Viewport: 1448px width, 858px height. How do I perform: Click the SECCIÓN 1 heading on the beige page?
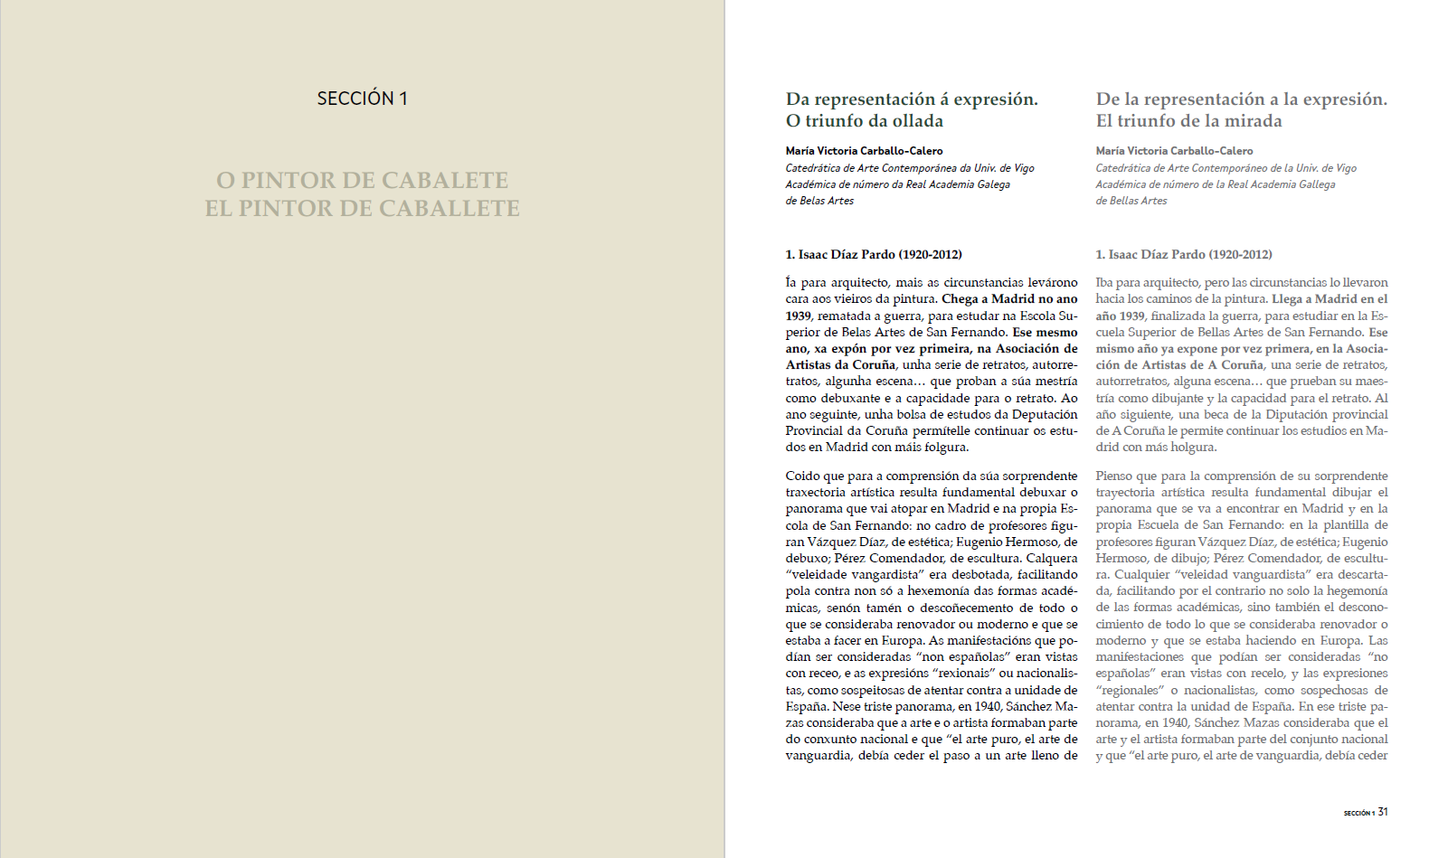coord(362,99)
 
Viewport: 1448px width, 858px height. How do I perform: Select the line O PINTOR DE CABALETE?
coord(362,180)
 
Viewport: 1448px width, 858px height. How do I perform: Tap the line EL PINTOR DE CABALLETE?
coord(362,208)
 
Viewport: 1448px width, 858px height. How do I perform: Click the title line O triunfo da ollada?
coord(864,121)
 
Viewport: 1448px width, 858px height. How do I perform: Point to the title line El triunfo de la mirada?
coord(1188,121)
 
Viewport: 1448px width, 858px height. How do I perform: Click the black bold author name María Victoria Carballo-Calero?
coord(864,151)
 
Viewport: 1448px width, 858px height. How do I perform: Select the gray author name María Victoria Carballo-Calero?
coord(1174,151)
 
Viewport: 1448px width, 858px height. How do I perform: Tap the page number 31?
coord(1383,812)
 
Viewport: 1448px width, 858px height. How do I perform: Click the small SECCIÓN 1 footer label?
coord(1358,813)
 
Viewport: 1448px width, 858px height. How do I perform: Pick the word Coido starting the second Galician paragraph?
coord(802,476)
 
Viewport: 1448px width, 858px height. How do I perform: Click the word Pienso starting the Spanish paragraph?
coord(1113,476)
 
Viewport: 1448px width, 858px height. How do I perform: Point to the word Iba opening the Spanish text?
coord(1104,282)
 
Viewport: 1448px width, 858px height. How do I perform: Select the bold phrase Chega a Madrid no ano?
coord(1009,299)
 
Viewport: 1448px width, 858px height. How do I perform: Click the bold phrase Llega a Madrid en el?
coord(1330,299)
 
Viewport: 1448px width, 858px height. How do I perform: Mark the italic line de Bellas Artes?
coord(1131,201)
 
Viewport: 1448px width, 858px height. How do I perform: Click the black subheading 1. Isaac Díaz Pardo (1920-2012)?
coord(873,255)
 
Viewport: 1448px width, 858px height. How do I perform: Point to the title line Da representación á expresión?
coord(912,99)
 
